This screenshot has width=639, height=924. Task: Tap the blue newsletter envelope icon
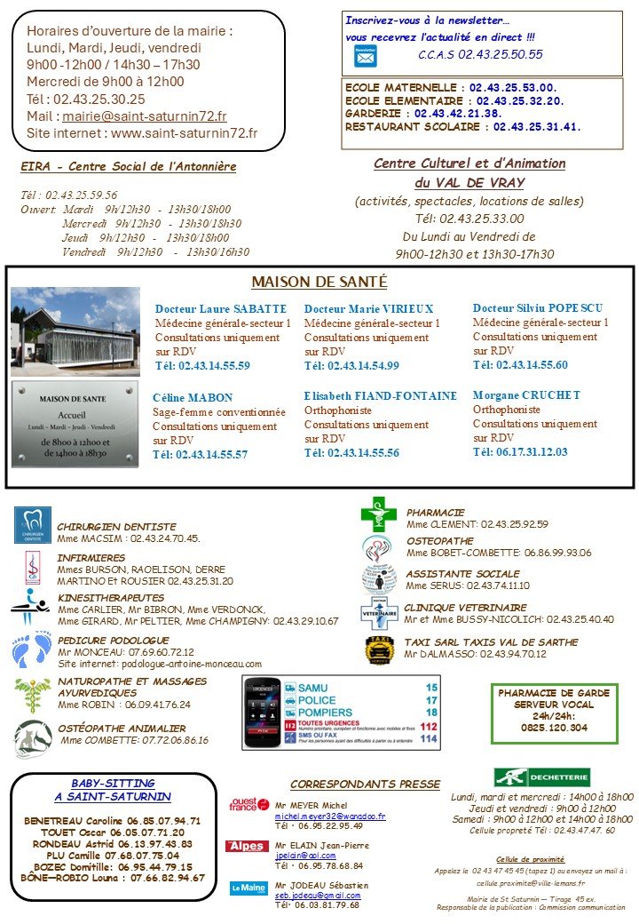point(365,55)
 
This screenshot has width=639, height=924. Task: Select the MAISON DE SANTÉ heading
point(319,282)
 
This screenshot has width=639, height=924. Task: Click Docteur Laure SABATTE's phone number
point(202,365)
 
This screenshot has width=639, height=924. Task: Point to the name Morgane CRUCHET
point(526,395)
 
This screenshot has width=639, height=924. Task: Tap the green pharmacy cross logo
point(378,514)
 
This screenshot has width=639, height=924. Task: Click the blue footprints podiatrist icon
point(31,650)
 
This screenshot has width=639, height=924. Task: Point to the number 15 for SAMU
point(431,688)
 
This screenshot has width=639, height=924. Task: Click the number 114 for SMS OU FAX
point(430,738)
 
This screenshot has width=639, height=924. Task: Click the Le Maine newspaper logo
point(248,887)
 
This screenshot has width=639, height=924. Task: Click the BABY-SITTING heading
point(113,784)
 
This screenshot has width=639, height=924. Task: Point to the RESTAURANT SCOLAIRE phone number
point(537,127)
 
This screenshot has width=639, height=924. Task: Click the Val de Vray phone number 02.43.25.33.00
point(469,219)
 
